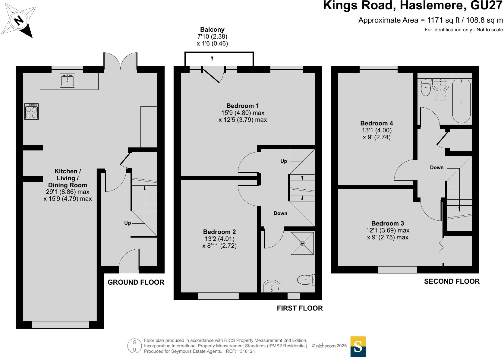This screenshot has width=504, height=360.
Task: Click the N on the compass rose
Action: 19,21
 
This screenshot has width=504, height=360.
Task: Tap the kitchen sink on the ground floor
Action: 67,81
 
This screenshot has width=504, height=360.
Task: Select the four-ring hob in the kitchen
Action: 31,111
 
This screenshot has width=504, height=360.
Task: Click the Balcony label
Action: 212,30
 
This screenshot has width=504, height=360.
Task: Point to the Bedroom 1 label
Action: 242,106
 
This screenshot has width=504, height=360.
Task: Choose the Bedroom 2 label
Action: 219,232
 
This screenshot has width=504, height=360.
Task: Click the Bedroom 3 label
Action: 388,223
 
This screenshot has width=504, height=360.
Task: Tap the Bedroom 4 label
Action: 377,123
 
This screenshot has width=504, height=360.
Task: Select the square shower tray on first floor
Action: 302,243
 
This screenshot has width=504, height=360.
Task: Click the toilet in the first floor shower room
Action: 306,280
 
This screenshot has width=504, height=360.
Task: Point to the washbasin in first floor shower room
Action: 272,286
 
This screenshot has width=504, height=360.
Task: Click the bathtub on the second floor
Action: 461,102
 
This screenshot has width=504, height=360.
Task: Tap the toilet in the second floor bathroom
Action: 425,87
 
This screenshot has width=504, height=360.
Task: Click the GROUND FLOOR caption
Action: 136,282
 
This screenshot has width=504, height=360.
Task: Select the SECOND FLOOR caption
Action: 452,281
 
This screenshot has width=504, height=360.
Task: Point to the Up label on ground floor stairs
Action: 128,223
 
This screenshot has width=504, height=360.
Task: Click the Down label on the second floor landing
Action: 437,167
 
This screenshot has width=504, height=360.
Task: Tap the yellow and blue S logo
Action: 358,346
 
